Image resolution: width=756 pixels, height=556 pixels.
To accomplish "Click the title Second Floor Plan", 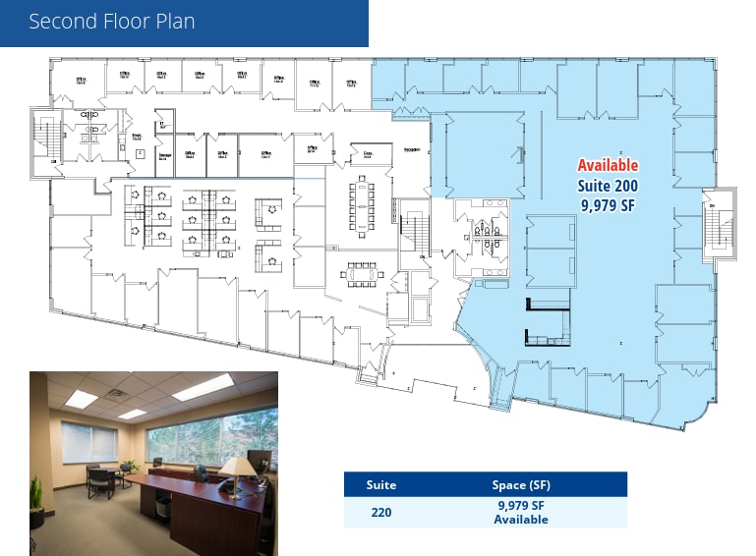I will tap(112, 22).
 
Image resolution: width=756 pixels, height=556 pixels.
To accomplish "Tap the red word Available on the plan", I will tap(608, 166).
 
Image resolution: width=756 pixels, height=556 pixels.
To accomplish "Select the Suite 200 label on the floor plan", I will tap(608, 186).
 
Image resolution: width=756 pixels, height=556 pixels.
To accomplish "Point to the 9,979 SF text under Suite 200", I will tap(608, 205).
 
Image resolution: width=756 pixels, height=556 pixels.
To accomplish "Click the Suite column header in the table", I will tap(380, 485).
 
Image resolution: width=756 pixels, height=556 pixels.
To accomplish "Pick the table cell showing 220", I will tap(380, 513).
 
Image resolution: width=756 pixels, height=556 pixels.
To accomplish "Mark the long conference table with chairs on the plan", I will tap(361, 206).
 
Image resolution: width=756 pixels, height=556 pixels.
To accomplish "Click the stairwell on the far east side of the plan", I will tap(721, 223).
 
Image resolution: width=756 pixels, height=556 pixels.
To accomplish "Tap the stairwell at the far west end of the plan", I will tap(44, 138).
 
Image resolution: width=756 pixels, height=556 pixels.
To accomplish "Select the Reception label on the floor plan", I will tap(412, 150).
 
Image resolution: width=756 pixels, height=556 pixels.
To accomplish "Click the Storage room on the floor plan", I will tap(166, 154).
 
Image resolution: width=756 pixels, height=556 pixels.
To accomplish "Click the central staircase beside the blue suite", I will tap(415, 233).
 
